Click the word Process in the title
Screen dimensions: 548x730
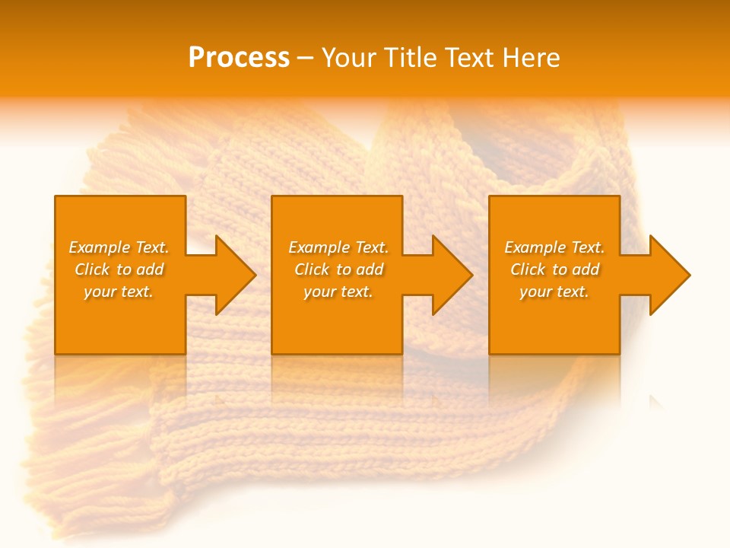(239, 58)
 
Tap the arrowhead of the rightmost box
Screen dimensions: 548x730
(668, 275)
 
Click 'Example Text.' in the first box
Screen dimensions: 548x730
(119, 247)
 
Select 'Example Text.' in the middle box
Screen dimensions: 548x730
(338, 247)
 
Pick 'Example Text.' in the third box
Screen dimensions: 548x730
(554, 247)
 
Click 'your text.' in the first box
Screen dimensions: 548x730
(119, 292)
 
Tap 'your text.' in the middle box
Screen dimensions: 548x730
(338, 292)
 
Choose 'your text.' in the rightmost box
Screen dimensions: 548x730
(554, 292)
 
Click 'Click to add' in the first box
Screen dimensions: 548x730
(119, 269)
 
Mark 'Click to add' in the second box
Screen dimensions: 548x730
(338, 269)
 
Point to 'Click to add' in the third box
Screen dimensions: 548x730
(554, 269)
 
